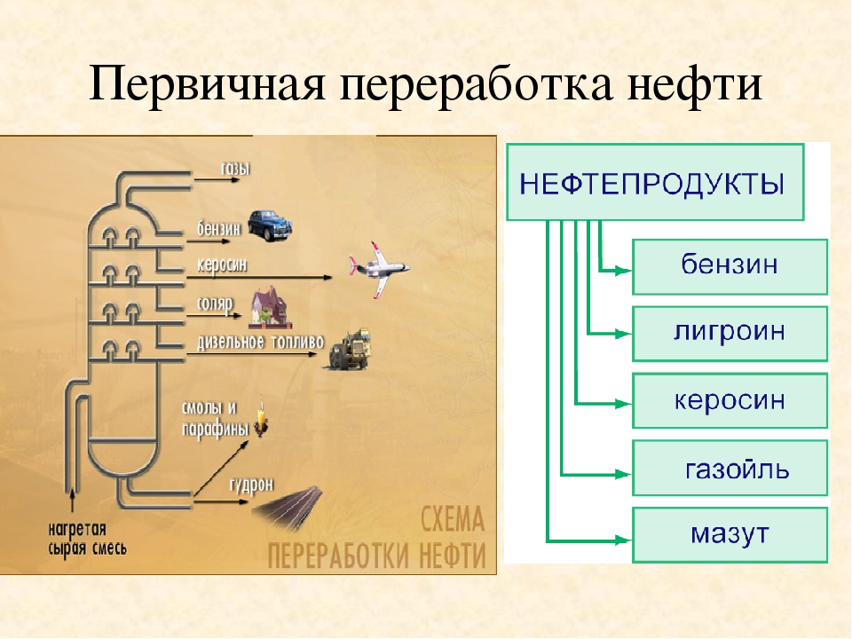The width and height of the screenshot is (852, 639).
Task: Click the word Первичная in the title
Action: pyautogui.click(x=207, y=85)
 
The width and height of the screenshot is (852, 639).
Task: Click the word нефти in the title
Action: pyautogui.click(x=694, y=83)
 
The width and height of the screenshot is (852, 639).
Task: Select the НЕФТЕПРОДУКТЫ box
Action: pyautogui.click(x=655, y=182)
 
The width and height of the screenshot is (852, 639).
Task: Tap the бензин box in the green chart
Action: pyautogui.click(x=730, y=267)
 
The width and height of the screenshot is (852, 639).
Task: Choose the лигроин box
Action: pyautogui.click(x=730, y=334)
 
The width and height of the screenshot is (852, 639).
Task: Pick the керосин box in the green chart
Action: pyautogui.click(x=730, y=400)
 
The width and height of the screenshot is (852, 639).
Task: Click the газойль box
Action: pyautogui.click(x=730, y=468)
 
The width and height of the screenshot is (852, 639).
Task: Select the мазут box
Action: pyautogui.click(x=730, y=534)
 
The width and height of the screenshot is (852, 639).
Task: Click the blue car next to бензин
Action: pyautogui.click(x=270, y=225)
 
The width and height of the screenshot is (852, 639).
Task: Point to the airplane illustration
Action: pyautogui.click(x=379, y=269)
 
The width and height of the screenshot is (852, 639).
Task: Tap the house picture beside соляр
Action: pyautogui.click(x=270, y=310)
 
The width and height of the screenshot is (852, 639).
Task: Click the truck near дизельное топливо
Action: pyautogui.click(x=350, y=349)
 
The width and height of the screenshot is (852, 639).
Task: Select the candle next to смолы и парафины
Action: pyautogui.click(x=261, y=417)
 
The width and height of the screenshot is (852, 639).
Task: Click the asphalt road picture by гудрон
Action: pyautogui.click(x=288, y=507)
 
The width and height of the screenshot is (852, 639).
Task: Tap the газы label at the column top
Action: pyautogui.click(x=235, y=169)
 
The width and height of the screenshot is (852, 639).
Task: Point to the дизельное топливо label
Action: pyautogui.click(x=260, y=342)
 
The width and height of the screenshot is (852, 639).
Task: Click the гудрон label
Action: pyautogui.click(x=251, y=485)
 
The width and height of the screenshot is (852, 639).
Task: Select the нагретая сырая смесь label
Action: pyautogui.click(x=88, y=539)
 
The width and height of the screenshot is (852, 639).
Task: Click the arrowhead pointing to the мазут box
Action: pyautogui.click(x=623, y=540)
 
